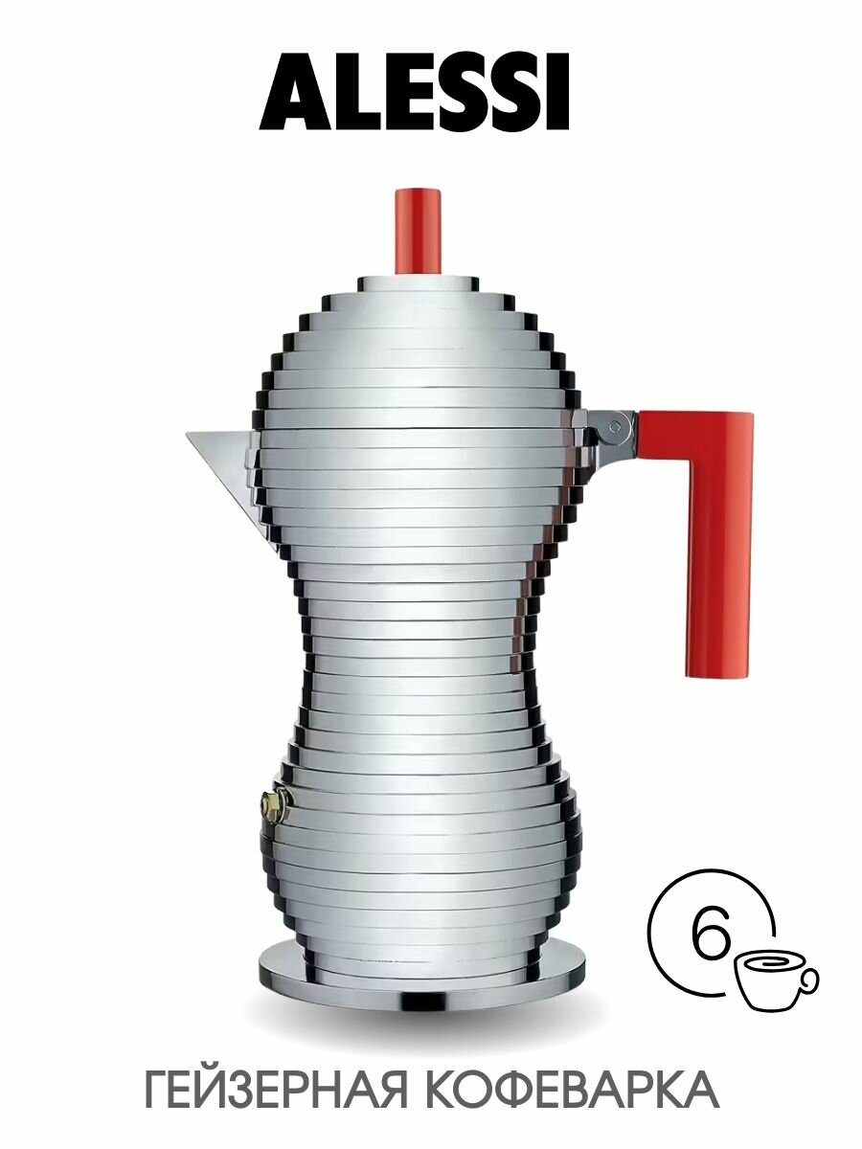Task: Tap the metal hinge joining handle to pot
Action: coord(613,428)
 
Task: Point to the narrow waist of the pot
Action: coord(418,651)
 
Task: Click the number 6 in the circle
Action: coord(710,938)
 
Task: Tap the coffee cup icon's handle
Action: coord(810,979)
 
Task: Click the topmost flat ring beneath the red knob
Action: coord(419,283)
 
